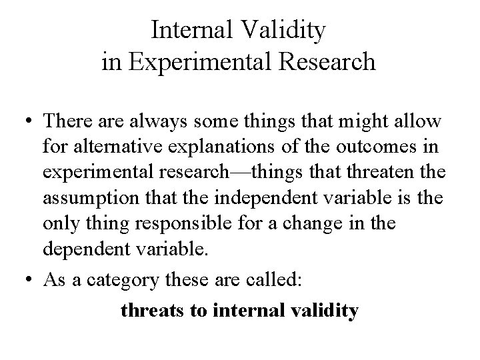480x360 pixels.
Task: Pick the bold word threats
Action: (151, 311)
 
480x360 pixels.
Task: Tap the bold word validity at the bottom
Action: (321, 311)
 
